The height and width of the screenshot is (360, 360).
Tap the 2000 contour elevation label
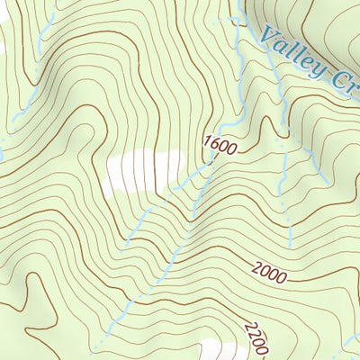(x=269, y=273)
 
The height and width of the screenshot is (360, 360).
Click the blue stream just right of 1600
(x=241, y=135)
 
